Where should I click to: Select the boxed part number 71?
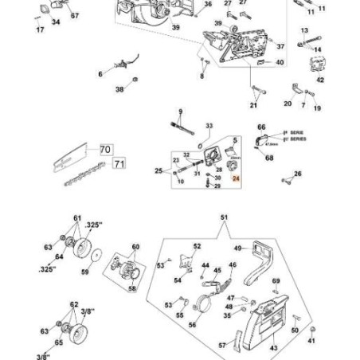pos(119,164)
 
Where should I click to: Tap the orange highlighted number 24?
pos(235,181)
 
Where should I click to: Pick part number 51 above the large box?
pos(223,217)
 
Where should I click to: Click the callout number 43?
pos(273,348)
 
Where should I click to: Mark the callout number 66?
pos(260,127)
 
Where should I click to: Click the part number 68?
pos(269,158)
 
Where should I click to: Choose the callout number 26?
pos(298,174)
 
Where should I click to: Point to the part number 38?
pos(119,90)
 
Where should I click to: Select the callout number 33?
pos(209,125)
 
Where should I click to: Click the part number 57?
pos(222,345)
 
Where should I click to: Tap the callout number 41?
pos(311,340)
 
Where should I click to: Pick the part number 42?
pos(320,80)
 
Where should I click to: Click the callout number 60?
pos(135,247)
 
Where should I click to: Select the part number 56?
pos(192,324)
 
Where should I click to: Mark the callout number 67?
pos(75,16)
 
